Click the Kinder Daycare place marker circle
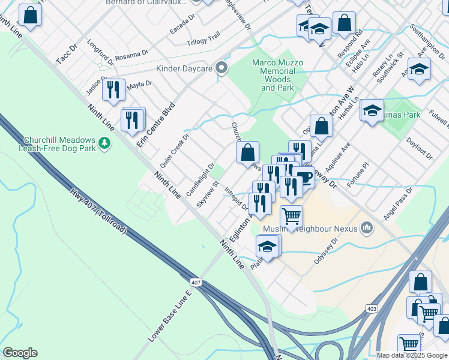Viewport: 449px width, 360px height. tap(221, 68)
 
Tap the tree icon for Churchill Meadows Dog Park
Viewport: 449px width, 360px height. tap(105, 143)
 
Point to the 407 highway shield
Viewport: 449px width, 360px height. tap(197, 282)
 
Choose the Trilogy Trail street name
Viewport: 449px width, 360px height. tap(203, 35)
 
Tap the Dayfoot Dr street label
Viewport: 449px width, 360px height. tap(420, 148)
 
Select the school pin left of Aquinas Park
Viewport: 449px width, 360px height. tap(372, 110)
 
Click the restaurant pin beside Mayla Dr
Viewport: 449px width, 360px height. tap(113, 90)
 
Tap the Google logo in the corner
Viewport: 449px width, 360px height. tap(20, 353)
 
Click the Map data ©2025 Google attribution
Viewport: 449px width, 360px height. tap(411, 355)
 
